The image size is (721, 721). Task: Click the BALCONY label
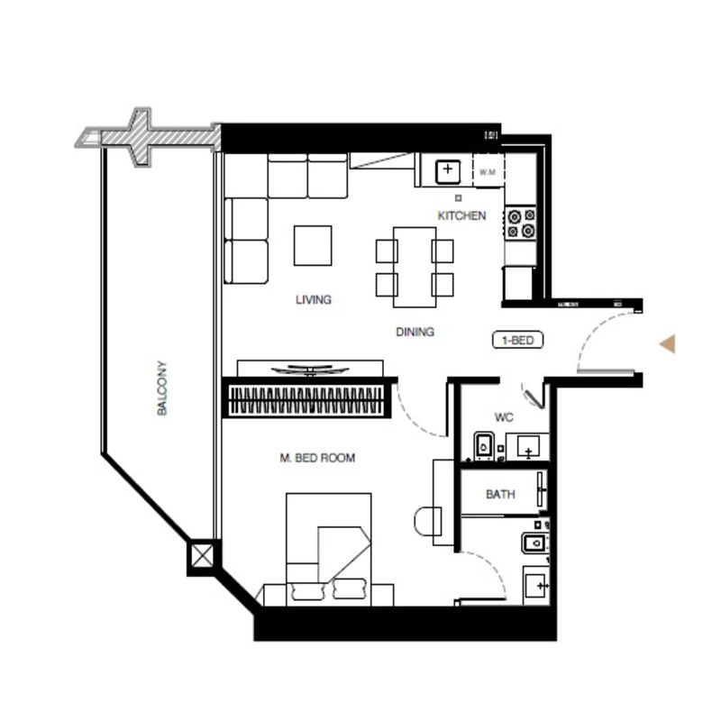pos(161,388)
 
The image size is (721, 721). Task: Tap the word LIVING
pos(313,300)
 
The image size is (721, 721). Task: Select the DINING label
pos(415,332)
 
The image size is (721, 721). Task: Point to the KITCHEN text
pos(461,215)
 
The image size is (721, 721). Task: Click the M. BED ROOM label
pos(317,458)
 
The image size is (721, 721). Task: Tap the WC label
pos(504,417)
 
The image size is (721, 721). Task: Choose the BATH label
pos(500,494)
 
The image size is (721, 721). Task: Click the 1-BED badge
pos(517,341)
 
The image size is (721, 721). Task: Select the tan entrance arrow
pos(668,344)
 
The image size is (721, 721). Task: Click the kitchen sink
pos(447,171)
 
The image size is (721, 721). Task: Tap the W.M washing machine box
pos(488,171)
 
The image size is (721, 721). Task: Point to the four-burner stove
pos(521,223)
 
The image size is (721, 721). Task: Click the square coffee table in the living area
pos(313,245)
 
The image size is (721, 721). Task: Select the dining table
pos(415,267)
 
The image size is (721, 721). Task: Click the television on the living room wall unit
pos(309,370)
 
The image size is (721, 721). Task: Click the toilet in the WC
pos(484,445)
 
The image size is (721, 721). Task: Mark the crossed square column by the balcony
pos(202,555)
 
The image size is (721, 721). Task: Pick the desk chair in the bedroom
pos(427,521)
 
